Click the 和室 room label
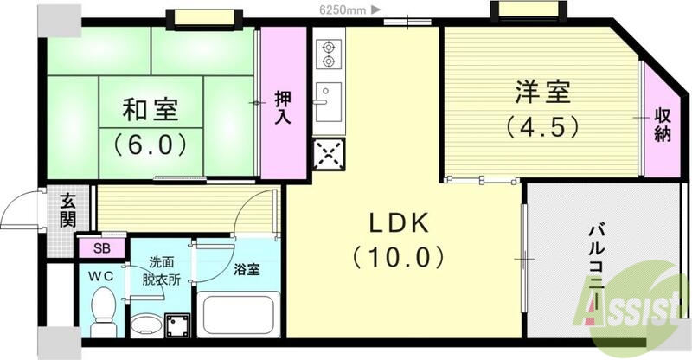point(151,110)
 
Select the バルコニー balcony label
point(596,259)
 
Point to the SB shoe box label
point(101,249)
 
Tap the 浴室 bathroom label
point(246,269)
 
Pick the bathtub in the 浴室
point(235,316)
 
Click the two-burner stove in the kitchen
point(328,55)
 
